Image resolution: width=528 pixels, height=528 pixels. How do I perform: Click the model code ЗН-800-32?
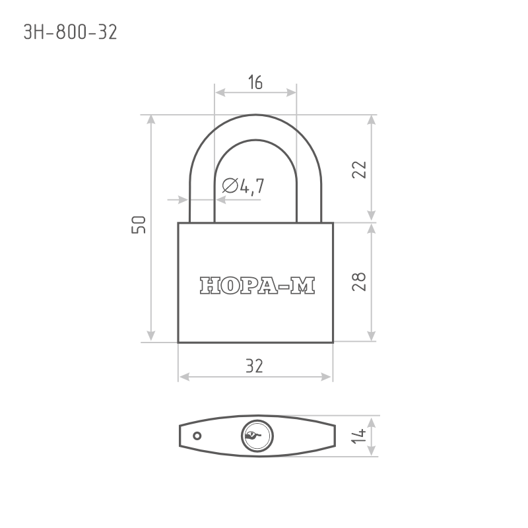click(71, 32)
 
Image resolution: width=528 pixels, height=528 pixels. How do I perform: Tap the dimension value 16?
click(255, 82)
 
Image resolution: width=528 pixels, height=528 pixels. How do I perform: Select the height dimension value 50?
click(139, 224)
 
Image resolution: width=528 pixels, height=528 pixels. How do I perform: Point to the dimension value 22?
click(358, 170)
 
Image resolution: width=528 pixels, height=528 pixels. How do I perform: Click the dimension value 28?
click(358, 282)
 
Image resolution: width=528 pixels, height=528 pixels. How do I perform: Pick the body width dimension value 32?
click(254, 366)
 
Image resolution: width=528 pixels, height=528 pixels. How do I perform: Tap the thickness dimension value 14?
click(358, 436)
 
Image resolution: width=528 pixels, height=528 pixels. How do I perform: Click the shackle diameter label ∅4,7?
click(243, 186)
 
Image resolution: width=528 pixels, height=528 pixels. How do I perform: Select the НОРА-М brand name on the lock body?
click(257, 286)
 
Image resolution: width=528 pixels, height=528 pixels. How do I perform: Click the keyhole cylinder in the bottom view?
click(257, 436)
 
